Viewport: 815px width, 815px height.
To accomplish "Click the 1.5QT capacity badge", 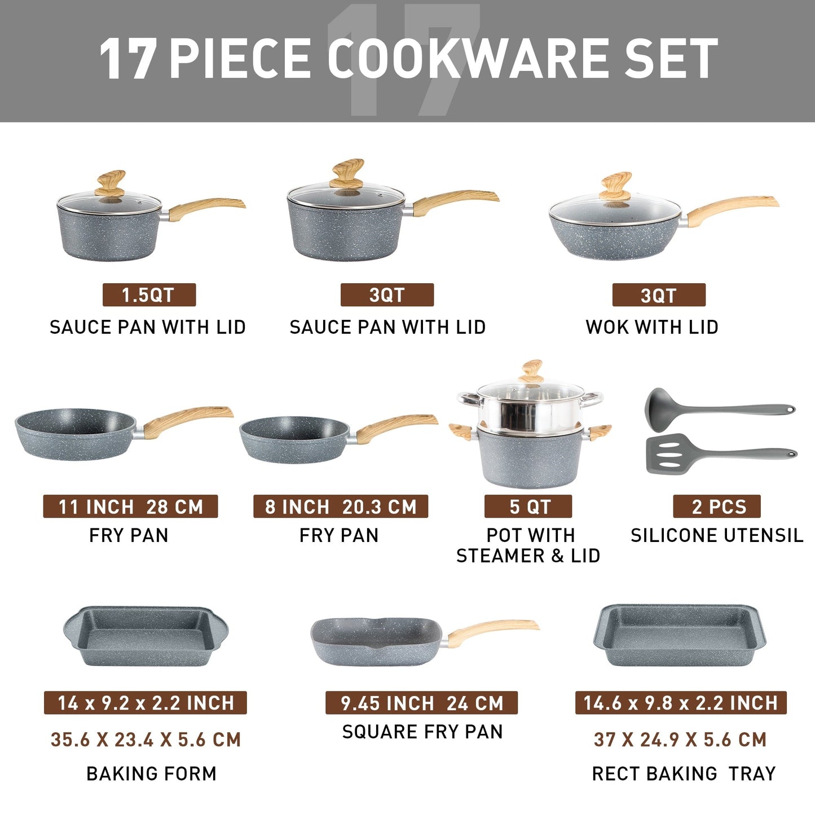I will (149, 295).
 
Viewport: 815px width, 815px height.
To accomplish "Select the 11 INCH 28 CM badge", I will (130, 506).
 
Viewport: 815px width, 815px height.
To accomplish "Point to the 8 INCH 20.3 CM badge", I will (341, 506).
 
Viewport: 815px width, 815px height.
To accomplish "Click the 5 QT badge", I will (528, 506).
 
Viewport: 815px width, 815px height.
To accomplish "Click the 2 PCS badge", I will (717, 506).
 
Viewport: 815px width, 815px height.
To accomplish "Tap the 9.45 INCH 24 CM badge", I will (421, 703).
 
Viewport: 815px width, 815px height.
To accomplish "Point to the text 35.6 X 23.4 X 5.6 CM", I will (146, 739).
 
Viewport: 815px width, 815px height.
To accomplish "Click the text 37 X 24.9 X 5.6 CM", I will (680, 739).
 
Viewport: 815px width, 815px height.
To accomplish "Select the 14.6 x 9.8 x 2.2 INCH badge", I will (681, 703).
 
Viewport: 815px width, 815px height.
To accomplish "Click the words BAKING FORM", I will (151, 773).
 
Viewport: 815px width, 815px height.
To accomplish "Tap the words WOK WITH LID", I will (652, 327).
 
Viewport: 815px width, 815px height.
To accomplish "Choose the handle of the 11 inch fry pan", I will (186, 420).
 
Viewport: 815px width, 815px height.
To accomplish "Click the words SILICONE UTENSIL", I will (717, 535).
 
